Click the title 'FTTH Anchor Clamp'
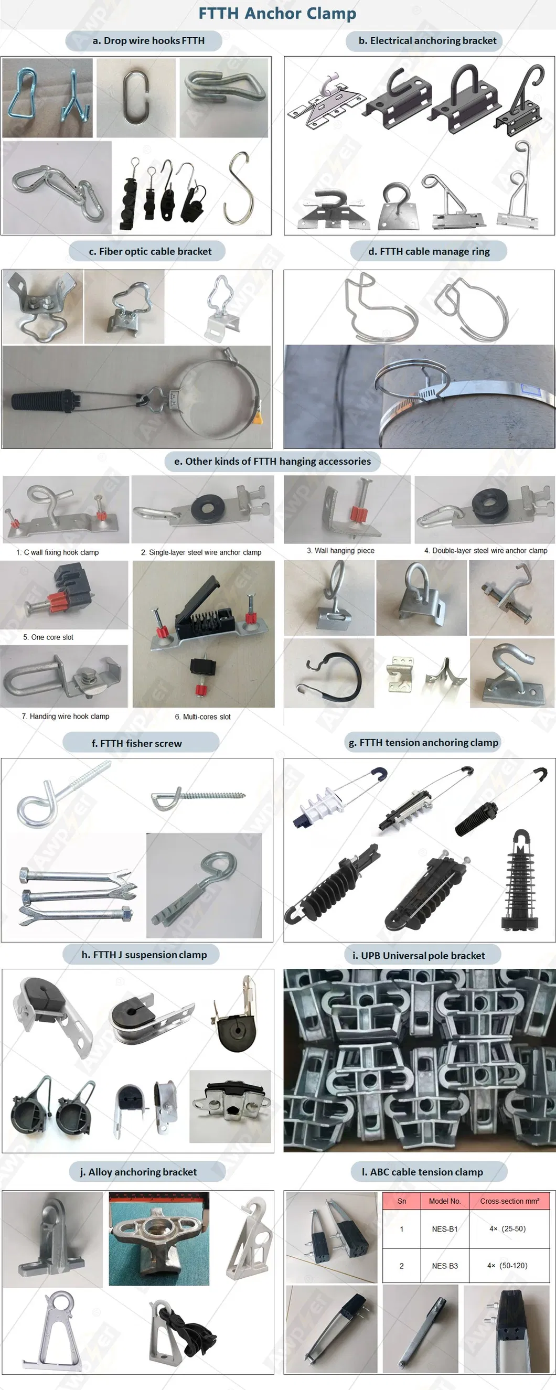[x=277, y=14]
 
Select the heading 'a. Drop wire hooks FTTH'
[x=148, y=40]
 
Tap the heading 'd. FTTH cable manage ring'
[x=429, y=251]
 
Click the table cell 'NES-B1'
[x=445, y=1228]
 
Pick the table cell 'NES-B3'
[x=445, y=1265]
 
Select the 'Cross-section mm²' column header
[x=509, y=1201]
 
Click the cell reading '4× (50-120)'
[x=507, y=1265]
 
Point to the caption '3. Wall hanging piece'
[x=340, y=550]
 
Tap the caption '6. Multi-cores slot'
[x=202, y=717]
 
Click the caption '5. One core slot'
[x=48, y=637]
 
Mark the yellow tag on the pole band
[x=260, y=417]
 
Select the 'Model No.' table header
[x=445, y=1201]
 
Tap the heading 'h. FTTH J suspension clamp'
[x=144, y=955]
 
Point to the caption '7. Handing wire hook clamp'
[x=66, y=716]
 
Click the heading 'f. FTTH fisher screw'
[x=136, y=744]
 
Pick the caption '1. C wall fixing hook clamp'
[x=57, y=552]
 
